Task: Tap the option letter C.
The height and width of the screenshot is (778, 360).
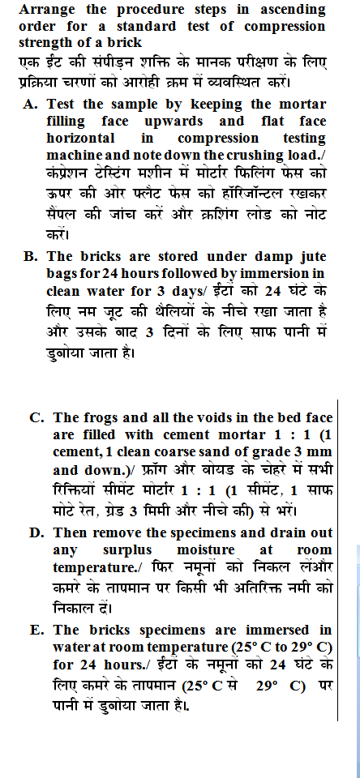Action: pos(36,418)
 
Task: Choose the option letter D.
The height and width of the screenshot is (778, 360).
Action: pos(36,533)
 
